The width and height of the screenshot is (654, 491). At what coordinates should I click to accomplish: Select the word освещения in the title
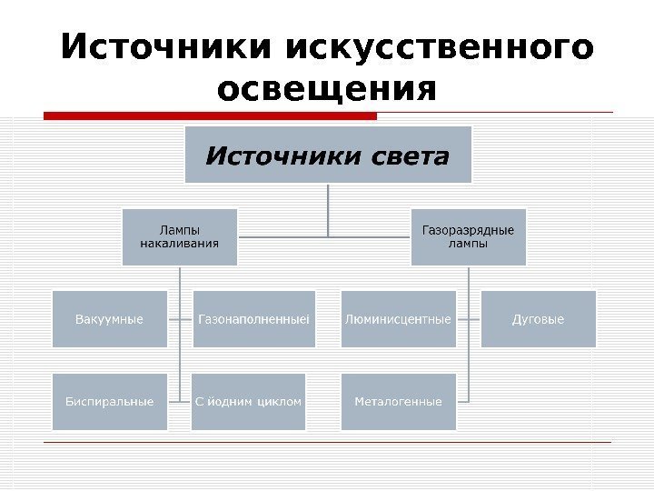click(327, 89)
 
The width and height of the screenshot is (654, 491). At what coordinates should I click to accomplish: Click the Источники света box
click(329, 155)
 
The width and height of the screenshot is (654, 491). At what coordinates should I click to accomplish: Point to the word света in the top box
click(411, 156)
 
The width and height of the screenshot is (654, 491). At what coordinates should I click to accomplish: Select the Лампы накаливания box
click(179, 236)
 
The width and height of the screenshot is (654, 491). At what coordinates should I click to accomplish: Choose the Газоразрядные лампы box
click(468, 236)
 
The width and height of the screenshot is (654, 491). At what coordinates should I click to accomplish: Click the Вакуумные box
click(110, 319)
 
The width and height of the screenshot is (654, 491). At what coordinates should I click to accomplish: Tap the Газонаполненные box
click(254, 319)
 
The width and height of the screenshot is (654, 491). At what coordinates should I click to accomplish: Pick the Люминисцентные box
click(398, 319)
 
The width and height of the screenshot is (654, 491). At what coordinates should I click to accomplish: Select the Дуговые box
click(539, 319)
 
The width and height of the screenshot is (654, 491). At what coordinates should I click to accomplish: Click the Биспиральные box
click(110, 401)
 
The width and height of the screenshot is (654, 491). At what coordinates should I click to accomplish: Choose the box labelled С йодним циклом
click(249, 401)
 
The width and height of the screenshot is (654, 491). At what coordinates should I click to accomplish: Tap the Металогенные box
click(398, 401)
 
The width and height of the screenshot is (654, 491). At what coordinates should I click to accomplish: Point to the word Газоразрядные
click(468, 229)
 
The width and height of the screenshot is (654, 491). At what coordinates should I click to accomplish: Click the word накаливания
click(179, 244)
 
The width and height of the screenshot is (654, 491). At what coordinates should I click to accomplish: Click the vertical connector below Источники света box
click(329, 209)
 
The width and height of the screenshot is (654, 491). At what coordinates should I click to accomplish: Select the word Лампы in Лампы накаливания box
click(179, 229)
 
